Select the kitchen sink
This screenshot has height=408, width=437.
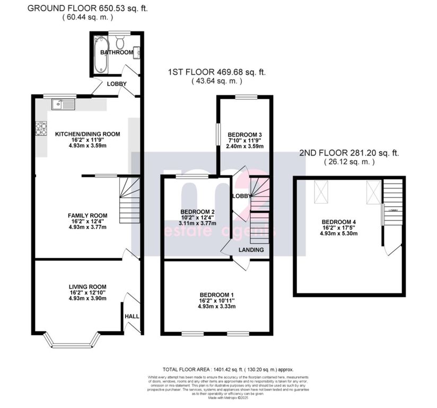click(x=63, y=104)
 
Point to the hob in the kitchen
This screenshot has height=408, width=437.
click(x=40, y=129)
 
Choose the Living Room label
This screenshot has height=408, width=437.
click(x=88, y=291)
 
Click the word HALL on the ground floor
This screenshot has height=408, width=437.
click(x=132, y=317)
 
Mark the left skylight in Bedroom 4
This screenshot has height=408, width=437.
click(x=321, y=191)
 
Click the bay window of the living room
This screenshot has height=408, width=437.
click(x=72, y=339)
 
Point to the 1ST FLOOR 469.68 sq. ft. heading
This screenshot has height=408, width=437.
click(x=217, y=72)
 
